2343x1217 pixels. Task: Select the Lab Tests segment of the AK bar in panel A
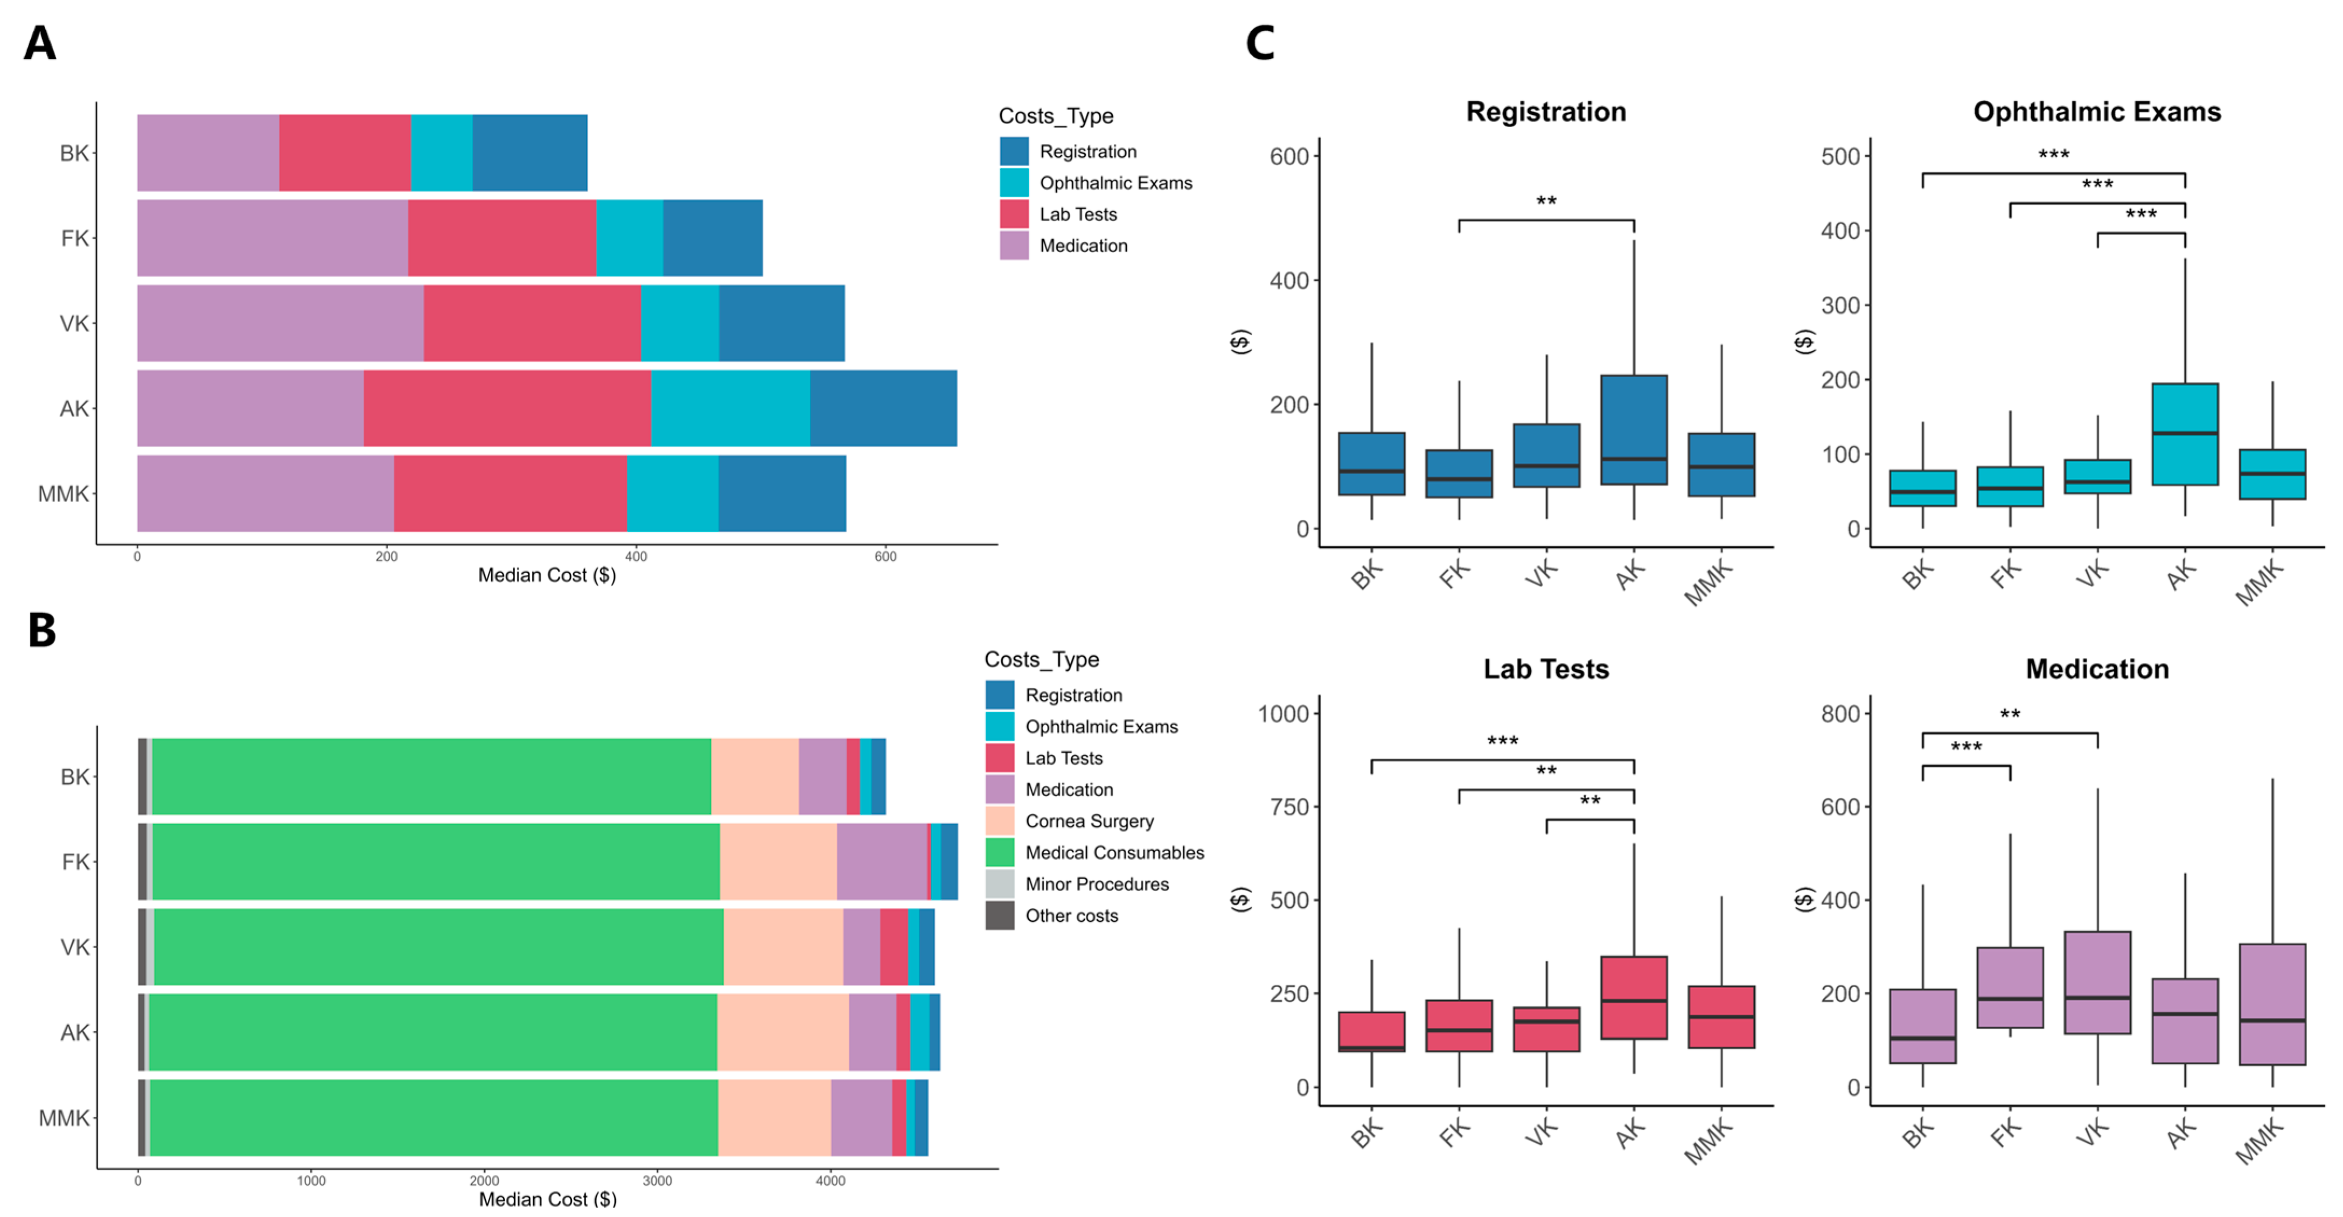tap(507, 408)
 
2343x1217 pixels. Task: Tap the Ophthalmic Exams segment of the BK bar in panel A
tap(441, 153)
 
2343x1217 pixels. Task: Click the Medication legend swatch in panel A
tap(1013, 246)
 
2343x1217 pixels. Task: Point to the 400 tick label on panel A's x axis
tap(636, 557)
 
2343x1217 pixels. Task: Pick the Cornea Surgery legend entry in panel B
tap(1089, 822)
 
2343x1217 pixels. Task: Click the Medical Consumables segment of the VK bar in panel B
tap(438, 947)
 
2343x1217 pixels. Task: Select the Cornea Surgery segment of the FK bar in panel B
tap(778, 861)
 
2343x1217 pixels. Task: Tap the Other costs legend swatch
tap(1000, 916)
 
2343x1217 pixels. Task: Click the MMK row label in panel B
tap(64, 1118)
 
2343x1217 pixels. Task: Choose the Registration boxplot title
tap(1545, 112)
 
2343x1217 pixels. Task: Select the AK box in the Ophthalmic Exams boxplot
tap(2184, 434)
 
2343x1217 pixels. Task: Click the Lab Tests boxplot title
tap(1545, 670)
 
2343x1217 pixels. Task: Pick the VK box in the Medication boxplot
tap(2096, 982)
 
